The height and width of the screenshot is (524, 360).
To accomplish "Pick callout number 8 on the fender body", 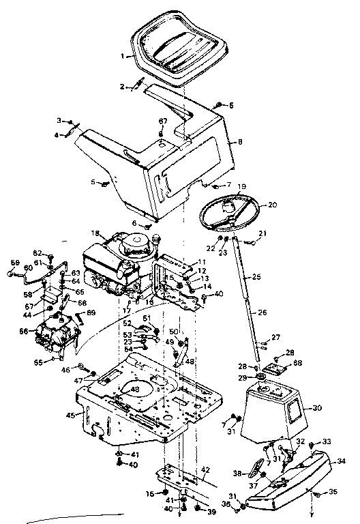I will click(x=239, y=143).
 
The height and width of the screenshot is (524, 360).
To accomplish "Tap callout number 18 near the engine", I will click(x=96, y=233).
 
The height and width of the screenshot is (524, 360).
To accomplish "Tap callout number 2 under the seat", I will click(x=123, y=87).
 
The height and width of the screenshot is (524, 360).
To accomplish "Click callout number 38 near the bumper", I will click(x=236, y=472).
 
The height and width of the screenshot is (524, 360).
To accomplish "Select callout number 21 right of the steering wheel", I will click(x=263, y=233).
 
